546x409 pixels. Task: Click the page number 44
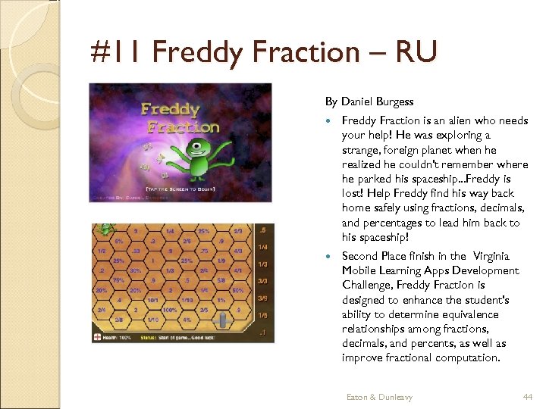(528, 397)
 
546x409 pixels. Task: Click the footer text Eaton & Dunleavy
(379, 397)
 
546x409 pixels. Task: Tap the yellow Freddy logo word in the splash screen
(171, 110)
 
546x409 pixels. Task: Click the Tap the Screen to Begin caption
(180, 188)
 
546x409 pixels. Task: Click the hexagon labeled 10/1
(152, 299)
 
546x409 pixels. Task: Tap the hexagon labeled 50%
(237, 289)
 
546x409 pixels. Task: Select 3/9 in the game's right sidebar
(262, 298)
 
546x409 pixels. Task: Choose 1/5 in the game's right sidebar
(262, 315)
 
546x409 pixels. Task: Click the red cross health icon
(98, 337)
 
